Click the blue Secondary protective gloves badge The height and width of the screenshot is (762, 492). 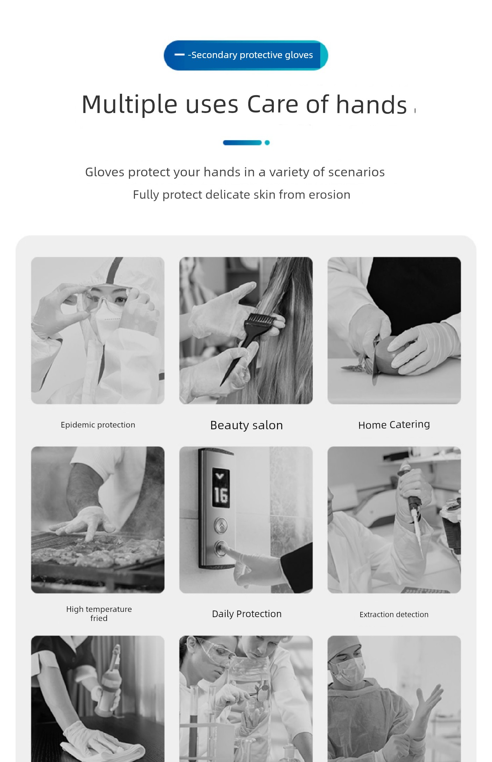[x=246, y=55]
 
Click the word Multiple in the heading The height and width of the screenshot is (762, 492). [x=129, y=105]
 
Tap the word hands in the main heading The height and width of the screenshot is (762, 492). [x=371, y=104]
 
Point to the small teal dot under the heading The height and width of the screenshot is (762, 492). [x=267, y=142]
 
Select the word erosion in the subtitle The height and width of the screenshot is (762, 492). [x=329, y=195]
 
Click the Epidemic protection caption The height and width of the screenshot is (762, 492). [x=98, y=425]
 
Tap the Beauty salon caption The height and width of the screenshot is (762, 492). [x=247, y=425]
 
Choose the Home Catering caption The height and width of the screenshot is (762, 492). [x=394, y=425]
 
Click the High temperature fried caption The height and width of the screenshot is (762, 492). [x=99, y=614]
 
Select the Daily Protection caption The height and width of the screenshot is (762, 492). [x=247, y=614]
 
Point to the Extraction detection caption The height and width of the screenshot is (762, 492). [x=394, y=614]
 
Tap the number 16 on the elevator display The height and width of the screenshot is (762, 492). [x=221, y=495]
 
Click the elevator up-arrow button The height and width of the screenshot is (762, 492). [x=221, y=525]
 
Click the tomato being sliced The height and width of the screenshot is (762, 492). [x=395, y=353]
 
